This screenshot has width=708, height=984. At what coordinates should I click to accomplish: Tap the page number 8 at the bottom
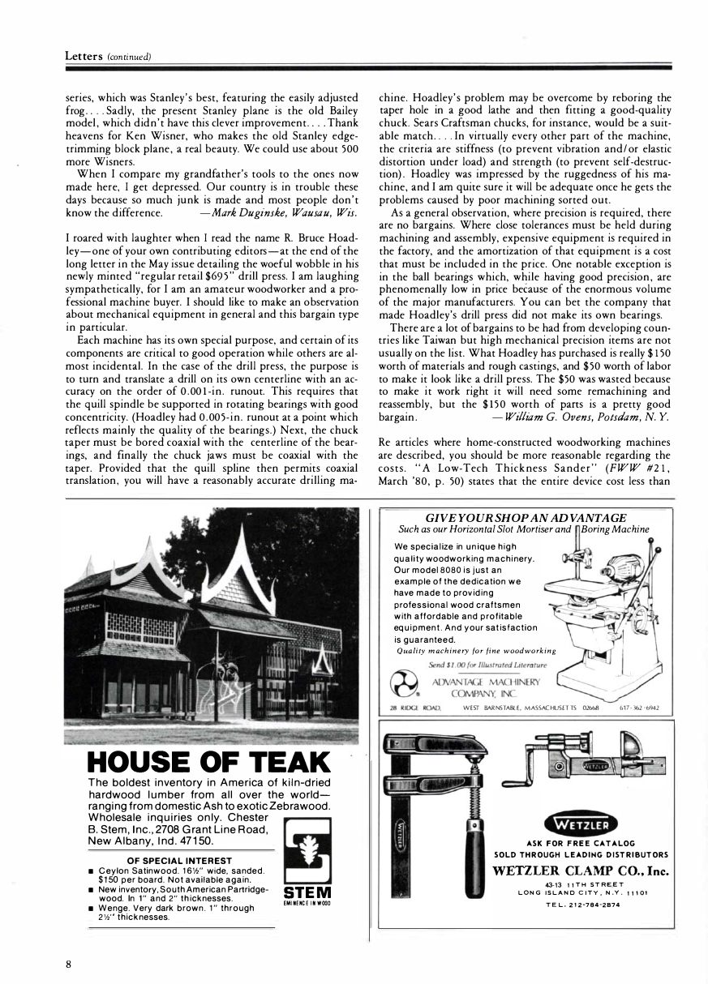point(70,964)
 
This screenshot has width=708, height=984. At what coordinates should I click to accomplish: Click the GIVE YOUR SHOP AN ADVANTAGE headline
point(526,518)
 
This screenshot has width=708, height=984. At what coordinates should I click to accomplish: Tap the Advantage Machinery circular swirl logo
point(404,682)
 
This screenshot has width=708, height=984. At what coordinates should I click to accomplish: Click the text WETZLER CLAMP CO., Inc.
point(581,871)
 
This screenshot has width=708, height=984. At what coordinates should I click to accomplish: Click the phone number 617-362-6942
point(640,708)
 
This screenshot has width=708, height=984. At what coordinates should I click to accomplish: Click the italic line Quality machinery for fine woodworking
point(475,650)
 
